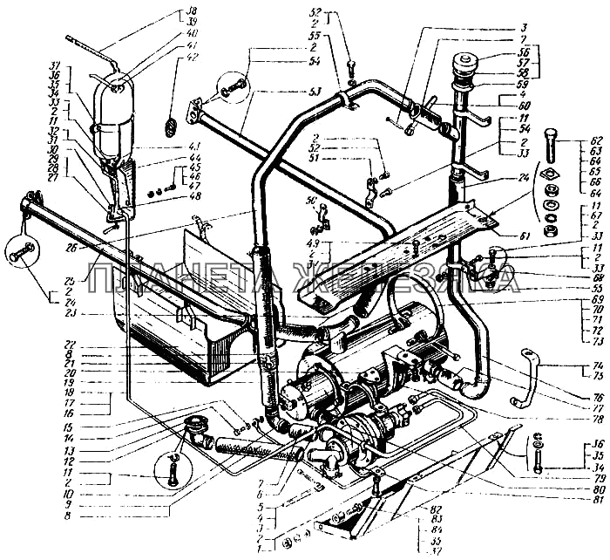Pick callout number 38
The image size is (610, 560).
click(x=193, y=10)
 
